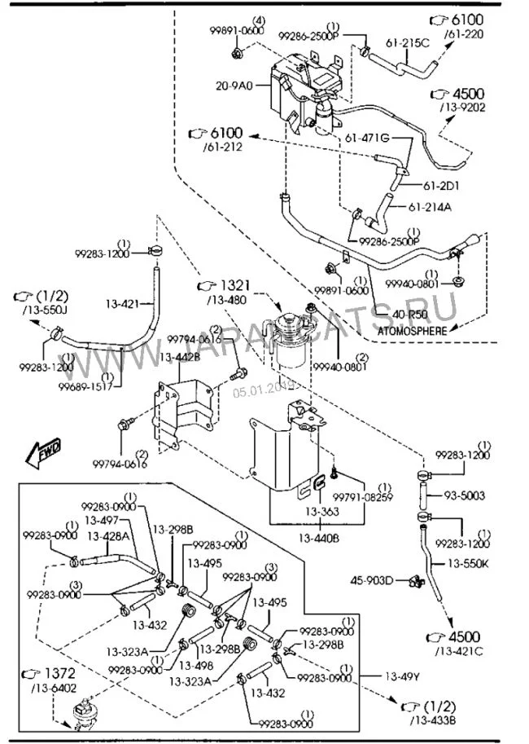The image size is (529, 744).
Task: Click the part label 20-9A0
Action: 234,84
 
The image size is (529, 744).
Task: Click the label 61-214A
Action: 430,207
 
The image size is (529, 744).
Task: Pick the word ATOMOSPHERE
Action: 413,331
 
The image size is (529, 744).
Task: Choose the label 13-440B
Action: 318,539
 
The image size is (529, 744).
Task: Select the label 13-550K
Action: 467,563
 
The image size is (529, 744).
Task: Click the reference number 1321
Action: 232,285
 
